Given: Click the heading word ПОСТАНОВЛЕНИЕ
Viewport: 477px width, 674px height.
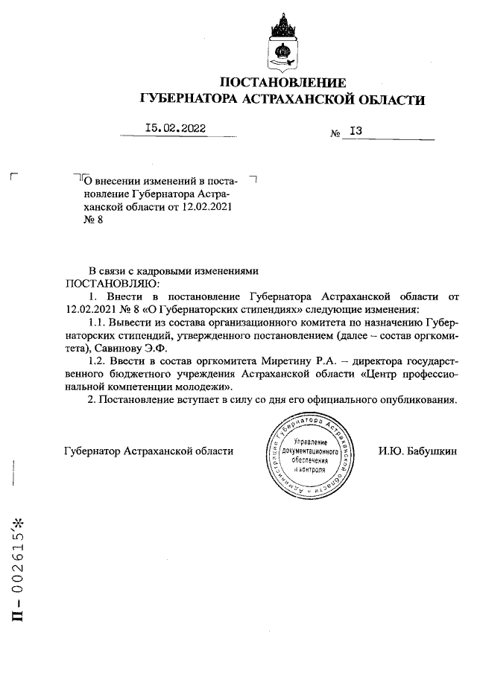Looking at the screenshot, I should pos(283,82).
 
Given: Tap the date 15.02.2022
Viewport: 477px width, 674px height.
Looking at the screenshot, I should pos(176,128).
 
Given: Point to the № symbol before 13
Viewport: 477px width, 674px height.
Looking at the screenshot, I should pos(335,133).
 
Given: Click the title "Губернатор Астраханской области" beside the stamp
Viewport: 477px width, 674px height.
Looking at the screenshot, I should pos(149,451).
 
